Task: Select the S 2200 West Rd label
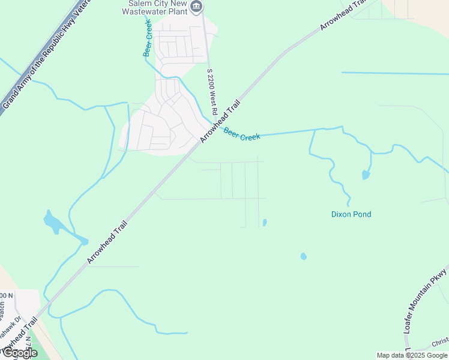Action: click(211, 92)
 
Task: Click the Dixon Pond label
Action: click(351, 214)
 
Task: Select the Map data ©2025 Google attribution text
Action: click(412, 355)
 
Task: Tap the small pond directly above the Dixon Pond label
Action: click(366, 175)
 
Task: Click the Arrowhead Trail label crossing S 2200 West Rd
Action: click(220, 121)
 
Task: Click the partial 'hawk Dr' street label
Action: click(18, 327)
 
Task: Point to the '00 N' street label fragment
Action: click(6, 296)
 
